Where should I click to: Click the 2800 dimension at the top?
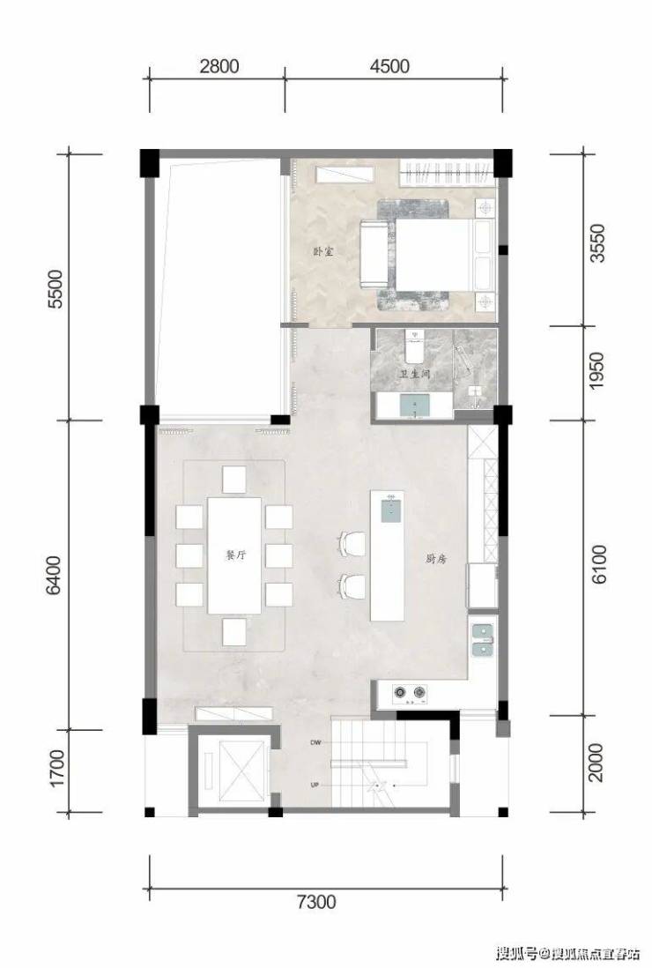219,66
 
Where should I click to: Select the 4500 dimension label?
389,66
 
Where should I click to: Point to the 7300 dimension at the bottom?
316,902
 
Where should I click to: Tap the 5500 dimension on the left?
56,289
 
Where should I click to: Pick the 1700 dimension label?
56,769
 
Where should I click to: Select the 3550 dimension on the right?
597,243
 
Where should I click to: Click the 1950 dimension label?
596,370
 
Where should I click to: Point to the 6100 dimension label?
597,564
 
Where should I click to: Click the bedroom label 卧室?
322,251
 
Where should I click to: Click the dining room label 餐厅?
235,555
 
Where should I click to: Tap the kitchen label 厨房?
435,559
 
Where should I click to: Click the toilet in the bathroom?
414,347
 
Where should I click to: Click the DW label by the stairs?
315,743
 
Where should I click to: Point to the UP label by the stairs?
315,786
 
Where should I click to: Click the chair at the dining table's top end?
234,479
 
